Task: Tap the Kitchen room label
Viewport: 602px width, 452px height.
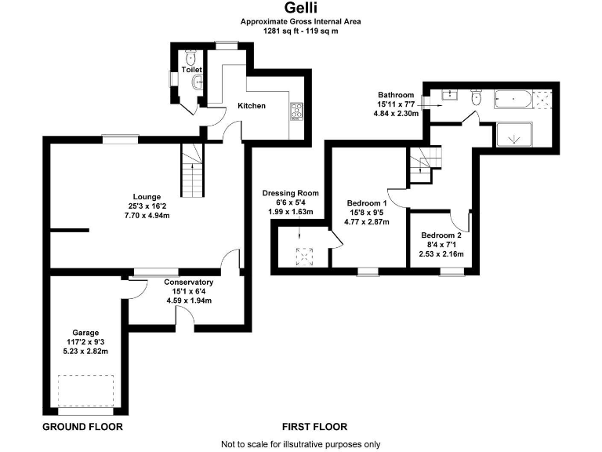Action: click(x=252, y=106)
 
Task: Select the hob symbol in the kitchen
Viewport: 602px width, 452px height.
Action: click(x=298, y=111)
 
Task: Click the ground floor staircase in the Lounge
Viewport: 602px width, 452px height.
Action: click(x=193, y=170)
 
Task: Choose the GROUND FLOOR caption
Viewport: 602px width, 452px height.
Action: click(x=82, y=427)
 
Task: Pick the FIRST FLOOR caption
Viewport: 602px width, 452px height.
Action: click(x=315, y=427)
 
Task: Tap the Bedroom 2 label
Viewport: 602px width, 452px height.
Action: click(x=441, y=235)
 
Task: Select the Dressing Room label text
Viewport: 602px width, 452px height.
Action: click(x=290, y=193)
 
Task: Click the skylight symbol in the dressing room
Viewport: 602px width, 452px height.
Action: click(x=303, y=255)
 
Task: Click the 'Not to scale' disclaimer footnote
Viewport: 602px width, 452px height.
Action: click(x=301, y=444)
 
